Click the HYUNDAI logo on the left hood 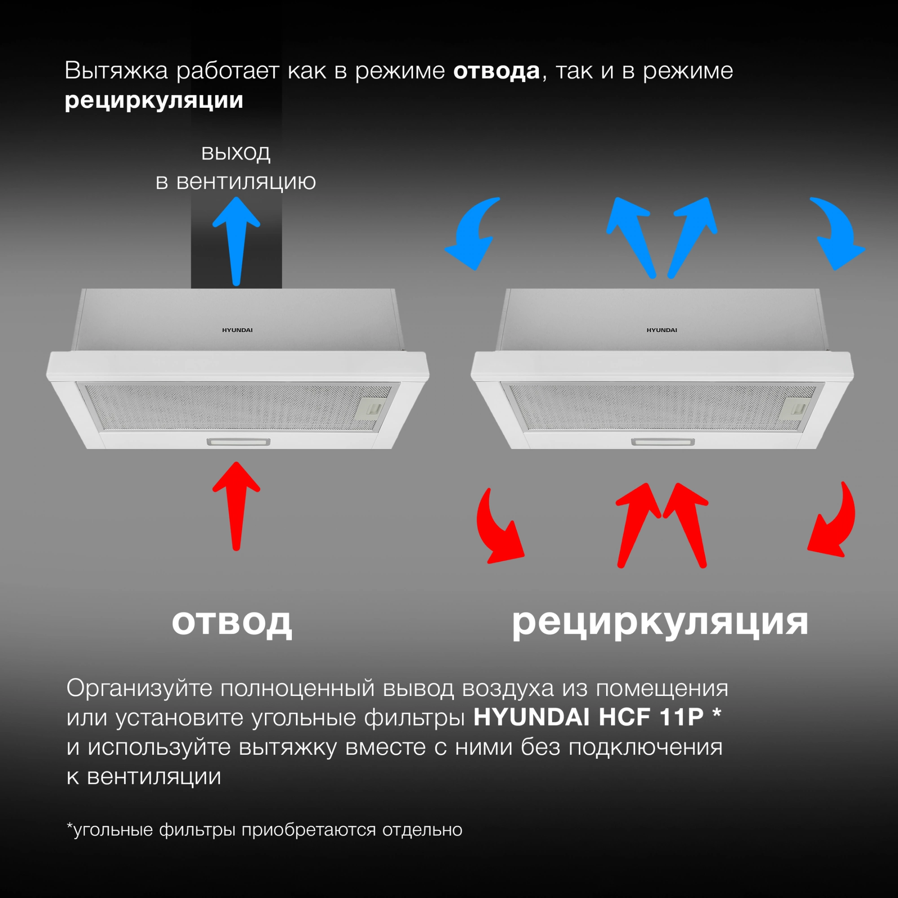237,330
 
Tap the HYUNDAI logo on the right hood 662,330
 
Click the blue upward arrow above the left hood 236,241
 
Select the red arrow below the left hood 236,506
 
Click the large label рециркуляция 660,623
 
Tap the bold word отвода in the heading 497,71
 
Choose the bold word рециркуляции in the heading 154,101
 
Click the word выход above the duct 236,153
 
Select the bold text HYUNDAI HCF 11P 589,717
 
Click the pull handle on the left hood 238,441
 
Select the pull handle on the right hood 663,441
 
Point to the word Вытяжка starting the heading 116,71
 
